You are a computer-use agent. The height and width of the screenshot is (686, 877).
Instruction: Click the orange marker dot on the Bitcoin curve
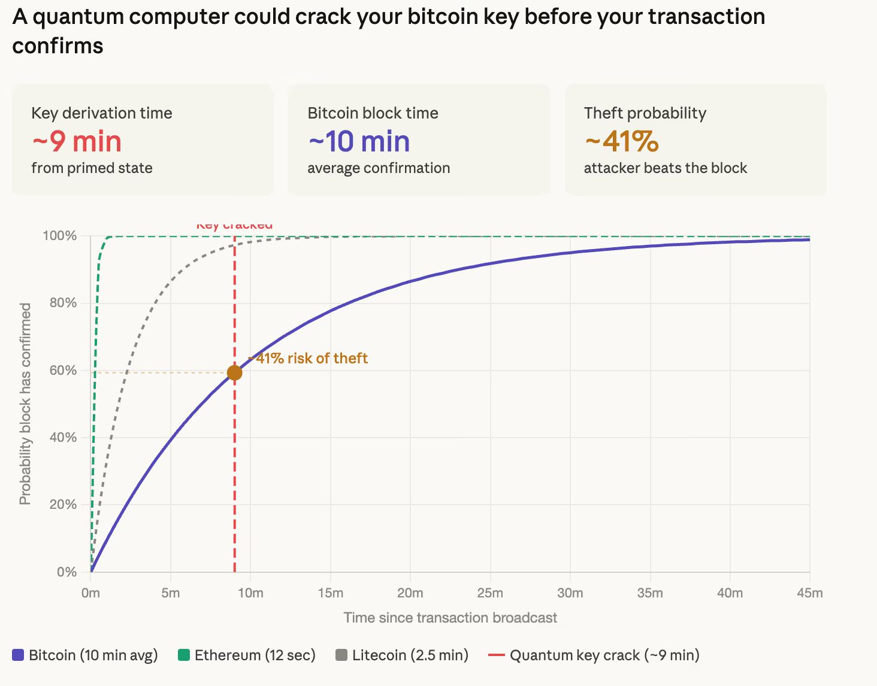[x=234, y=373]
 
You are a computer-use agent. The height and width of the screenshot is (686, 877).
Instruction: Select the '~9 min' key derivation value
[x=77, y=141]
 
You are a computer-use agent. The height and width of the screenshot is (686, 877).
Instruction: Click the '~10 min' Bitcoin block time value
[x=359, y=141]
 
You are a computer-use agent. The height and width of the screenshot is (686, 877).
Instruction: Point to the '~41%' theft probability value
[x=622, y=141]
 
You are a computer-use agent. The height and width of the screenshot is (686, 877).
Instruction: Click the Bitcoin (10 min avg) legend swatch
[x=18, y=655]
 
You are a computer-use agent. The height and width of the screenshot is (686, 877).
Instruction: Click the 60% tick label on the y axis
[x=63, y=371]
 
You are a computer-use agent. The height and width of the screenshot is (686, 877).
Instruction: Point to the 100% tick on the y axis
[x=60, y=236]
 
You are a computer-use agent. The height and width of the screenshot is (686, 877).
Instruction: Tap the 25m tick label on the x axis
[x=490, y=593]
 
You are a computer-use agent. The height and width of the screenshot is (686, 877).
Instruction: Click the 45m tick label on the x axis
[x=810, y=593]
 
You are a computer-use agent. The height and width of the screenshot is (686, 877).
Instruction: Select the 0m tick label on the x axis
[x=90, y=593]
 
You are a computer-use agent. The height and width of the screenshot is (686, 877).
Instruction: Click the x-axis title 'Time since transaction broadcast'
[x=450, y=618]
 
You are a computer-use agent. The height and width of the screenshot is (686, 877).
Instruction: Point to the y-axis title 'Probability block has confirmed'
[x=25, y=404]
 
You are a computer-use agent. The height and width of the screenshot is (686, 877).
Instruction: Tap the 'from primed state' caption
[x=92, y=168]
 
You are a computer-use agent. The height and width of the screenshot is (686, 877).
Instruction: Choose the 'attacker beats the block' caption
[x=665, y=168]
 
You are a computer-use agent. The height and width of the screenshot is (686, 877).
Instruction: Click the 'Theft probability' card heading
[x=645, y=113]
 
